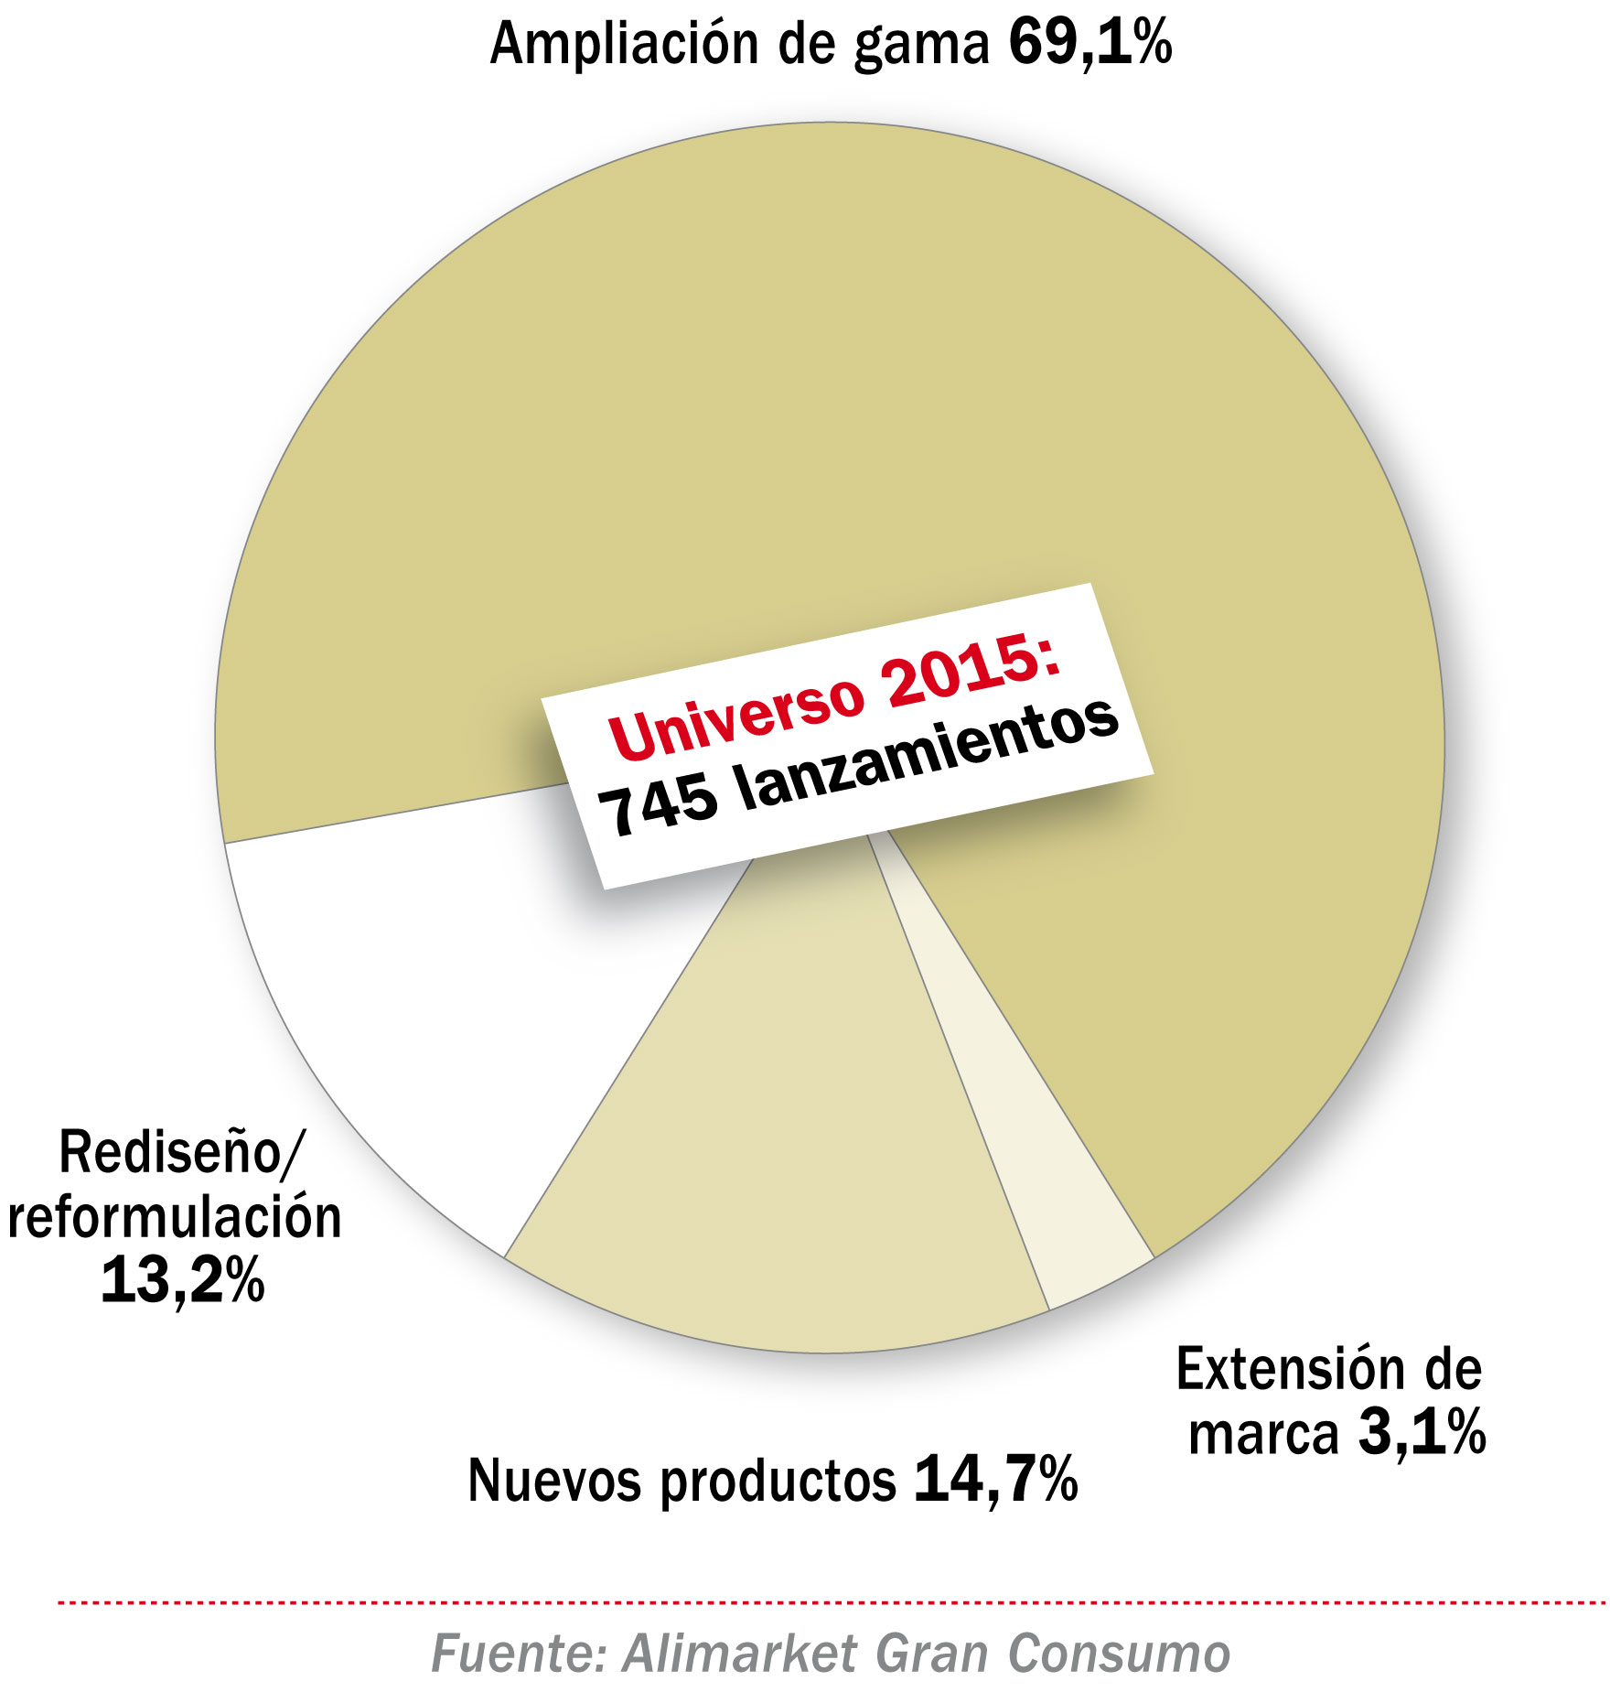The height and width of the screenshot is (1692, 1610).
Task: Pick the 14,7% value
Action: point(995,1479)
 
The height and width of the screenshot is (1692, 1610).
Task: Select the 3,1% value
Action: point(1422,1431)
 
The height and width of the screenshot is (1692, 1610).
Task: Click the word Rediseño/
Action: point(178,1152)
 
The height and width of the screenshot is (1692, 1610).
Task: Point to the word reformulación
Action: point(175,1218)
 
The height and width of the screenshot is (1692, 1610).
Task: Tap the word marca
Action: point(1263,1433)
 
